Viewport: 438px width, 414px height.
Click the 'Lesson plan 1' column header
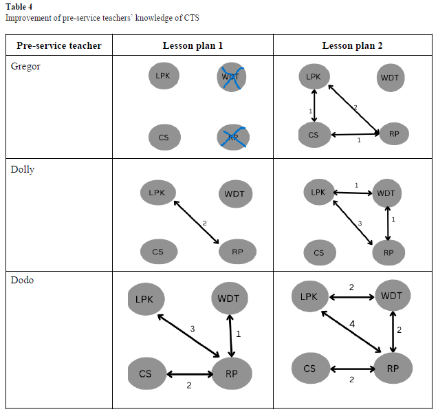(193, 46)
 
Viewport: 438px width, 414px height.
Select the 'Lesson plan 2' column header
(352, 46)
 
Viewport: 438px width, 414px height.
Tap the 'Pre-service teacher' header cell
(59, 46)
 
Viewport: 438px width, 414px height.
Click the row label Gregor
(26, 66)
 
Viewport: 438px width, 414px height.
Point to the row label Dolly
(23, 170)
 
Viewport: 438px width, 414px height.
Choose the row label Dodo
(22, 281)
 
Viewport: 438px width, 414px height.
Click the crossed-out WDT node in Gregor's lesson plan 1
(231, 76)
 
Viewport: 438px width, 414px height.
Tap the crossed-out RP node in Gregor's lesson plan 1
(232, 137)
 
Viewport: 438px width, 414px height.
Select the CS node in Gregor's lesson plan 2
(314, 134)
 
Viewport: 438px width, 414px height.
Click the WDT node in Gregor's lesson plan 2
(390, 78)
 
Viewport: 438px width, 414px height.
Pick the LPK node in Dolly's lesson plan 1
(157, 193)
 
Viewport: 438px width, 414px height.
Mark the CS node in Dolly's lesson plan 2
(319, 252)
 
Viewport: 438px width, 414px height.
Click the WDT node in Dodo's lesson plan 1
(228, 298)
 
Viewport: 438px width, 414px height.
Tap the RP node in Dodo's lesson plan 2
(393, 368)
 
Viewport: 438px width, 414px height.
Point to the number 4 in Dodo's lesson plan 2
(351, 323)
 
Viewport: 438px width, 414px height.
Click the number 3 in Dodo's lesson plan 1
(193, 329)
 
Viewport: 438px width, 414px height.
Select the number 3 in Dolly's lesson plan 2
(358, 224)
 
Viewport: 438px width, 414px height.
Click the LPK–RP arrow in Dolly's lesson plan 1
(197, 222)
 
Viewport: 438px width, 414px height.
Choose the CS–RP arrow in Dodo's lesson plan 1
(190, 375)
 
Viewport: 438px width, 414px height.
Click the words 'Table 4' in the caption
(19, 7)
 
